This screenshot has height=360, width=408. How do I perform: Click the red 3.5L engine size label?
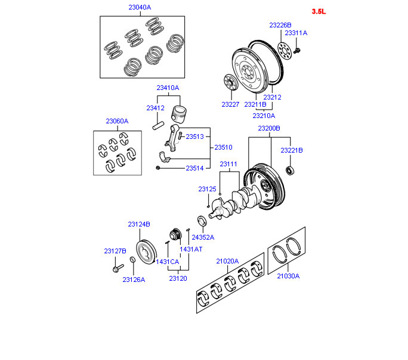click(x=319, y=11)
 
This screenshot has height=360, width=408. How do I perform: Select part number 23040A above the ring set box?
click(x=140, y=7)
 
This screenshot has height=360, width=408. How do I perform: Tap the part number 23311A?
click(x=296, y=33)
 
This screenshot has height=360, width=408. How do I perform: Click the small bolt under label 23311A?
click(x=297, y=51)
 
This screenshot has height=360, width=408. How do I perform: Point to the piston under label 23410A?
click(x=179, y=114)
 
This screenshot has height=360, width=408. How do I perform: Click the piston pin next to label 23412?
click(x=158, y=126)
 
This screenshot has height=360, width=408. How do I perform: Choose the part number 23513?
click(x=194, y=136)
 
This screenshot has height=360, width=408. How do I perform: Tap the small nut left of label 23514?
click(x=157, y=168)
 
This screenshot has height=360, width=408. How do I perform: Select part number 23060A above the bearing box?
click(x=117, y=121)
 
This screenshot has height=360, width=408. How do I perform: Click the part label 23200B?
click(x=269, y=128)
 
